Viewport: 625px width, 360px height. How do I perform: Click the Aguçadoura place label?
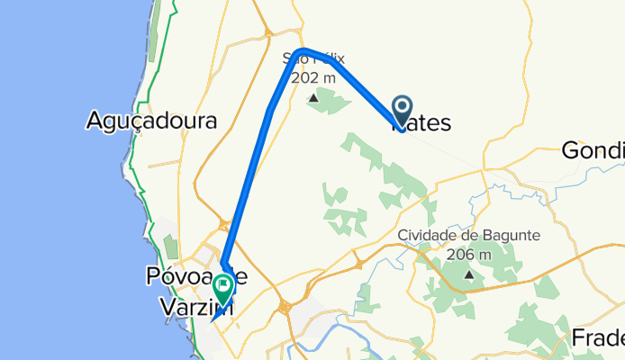pos(151,120)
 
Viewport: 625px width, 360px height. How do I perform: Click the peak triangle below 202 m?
pos(312,97)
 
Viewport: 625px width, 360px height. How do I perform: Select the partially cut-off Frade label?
pos(598,337)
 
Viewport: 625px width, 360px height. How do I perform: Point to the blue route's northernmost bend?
pos(304,50)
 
